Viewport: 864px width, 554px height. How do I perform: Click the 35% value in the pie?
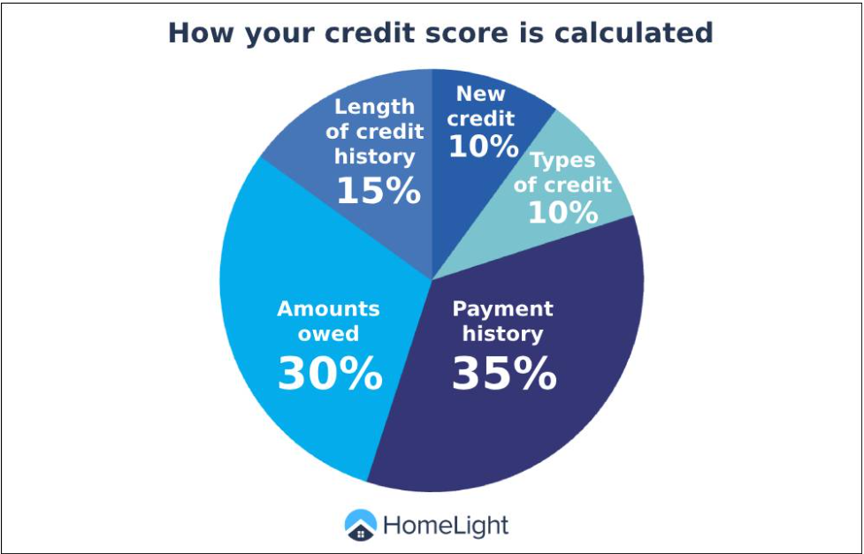point(504,374)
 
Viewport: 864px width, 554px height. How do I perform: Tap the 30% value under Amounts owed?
point(330,374)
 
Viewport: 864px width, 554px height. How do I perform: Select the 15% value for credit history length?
point(378,191)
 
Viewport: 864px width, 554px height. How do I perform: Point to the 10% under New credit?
point(484,146)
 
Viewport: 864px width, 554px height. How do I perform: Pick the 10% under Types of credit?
point(563,212)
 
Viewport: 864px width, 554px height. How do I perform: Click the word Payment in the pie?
point(502,309)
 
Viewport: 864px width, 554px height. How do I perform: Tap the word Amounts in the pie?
point(328,308)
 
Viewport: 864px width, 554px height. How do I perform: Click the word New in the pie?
point(480,95)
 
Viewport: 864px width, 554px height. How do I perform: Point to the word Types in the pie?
point(562,161)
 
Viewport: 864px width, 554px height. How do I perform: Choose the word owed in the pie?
point(328,333)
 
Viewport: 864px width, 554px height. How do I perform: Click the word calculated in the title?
point(634,33)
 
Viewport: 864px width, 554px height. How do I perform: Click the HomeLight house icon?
point(360,525)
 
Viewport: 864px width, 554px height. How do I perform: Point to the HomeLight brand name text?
point(446,526)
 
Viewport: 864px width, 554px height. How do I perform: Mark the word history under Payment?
point(502,334)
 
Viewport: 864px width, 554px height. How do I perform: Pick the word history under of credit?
point(375,157)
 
